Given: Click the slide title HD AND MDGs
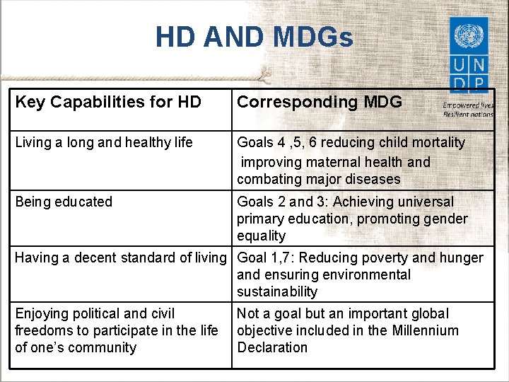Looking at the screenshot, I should [x=254, y=37].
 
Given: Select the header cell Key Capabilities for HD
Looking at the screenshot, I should [x=108, y=102].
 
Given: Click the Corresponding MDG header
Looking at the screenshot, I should [x=320, y=102].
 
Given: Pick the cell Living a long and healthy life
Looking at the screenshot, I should [x=104, y=142].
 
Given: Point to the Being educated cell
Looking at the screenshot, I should [x=64, y=202].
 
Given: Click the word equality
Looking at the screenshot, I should [x=262, y=236].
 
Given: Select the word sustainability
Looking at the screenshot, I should [x=277, y=291].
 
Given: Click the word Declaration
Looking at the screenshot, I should [x=272, y=347].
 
